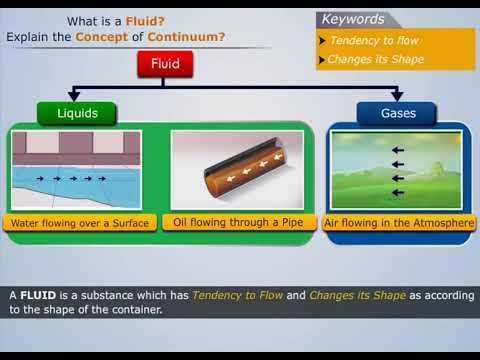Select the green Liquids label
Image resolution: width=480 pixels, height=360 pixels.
76,113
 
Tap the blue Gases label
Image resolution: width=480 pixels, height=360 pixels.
397,113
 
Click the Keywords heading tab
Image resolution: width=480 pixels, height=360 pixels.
353,19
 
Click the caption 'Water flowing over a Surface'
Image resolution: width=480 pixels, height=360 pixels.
79,223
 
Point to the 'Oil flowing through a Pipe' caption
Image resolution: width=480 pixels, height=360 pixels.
241,222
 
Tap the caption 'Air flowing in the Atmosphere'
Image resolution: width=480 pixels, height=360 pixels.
399,223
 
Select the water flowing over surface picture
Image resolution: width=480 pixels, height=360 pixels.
77,168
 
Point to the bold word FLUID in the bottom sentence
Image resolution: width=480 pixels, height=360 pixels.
38,295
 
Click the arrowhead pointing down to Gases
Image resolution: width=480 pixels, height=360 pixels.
397,96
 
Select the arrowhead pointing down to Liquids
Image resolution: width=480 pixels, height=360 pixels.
76,96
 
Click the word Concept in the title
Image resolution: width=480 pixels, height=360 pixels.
103,37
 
